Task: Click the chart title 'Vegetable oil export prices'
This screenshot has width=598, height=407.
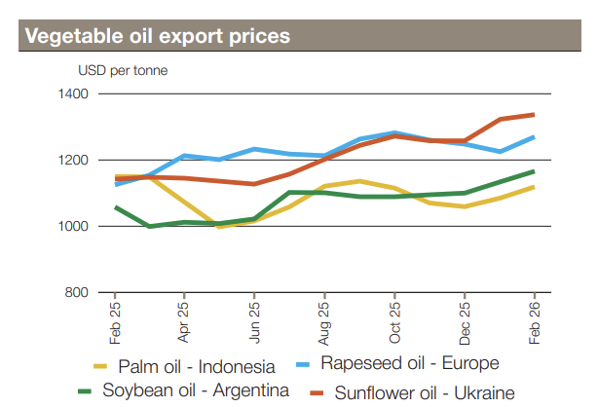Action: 157,37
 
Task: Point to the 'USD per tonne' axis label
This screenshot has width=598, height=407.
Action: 117,70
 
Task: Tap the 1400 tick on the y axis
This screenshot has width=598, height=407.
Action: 74,94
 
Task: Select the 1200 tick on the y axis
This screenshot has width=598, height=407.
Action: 74,161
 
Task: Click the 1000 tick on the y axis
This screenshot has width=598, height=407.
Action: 74,227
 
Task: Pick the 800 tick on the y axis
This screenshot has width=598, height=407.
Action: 78,293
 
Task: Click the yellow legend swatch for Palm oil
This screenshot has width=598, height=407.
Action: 98,366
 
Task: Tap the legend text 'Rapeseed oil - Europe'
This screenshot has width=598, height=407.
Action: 409,363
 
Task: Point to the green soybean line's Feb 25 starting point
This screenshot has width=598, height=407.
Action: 116,207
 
